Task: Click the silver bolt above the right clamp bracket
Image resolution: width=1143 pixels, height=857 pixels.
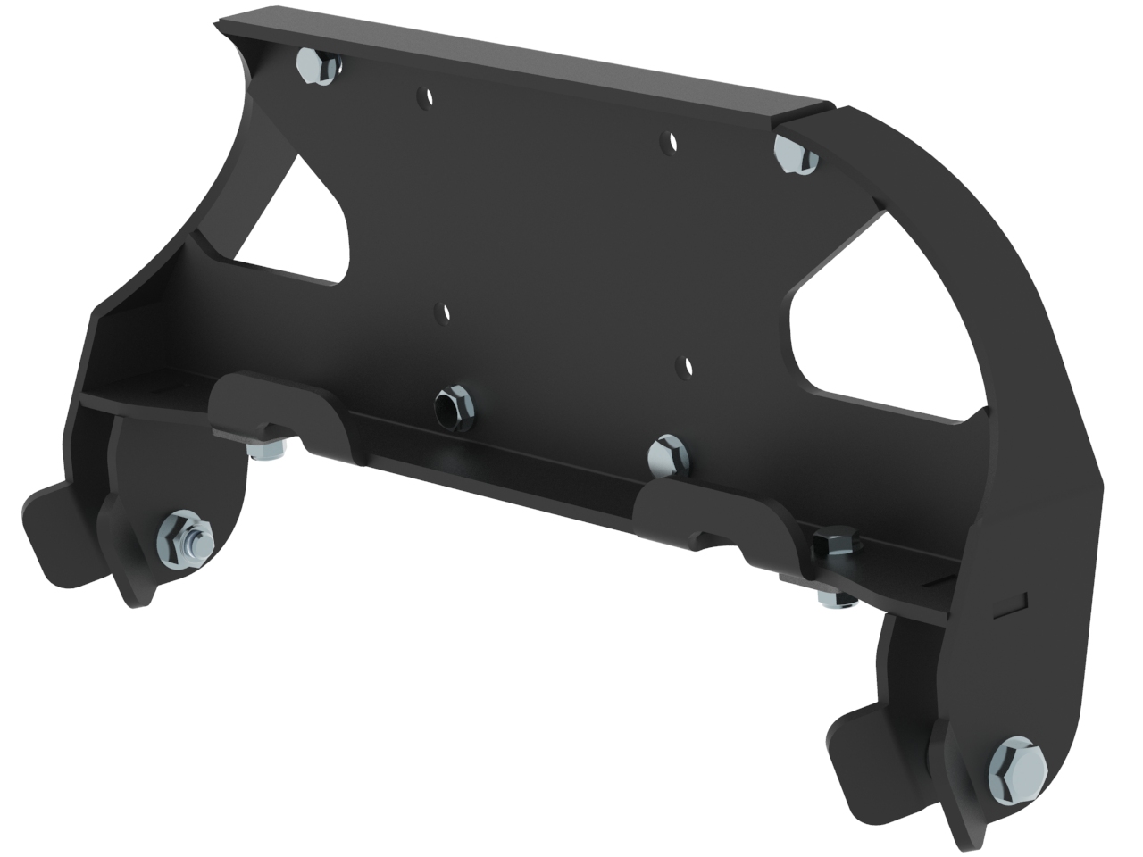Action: tap(668, 454)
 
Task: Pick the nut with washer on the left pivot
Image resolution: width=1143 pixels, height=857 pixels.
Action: tap(185, 540)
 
